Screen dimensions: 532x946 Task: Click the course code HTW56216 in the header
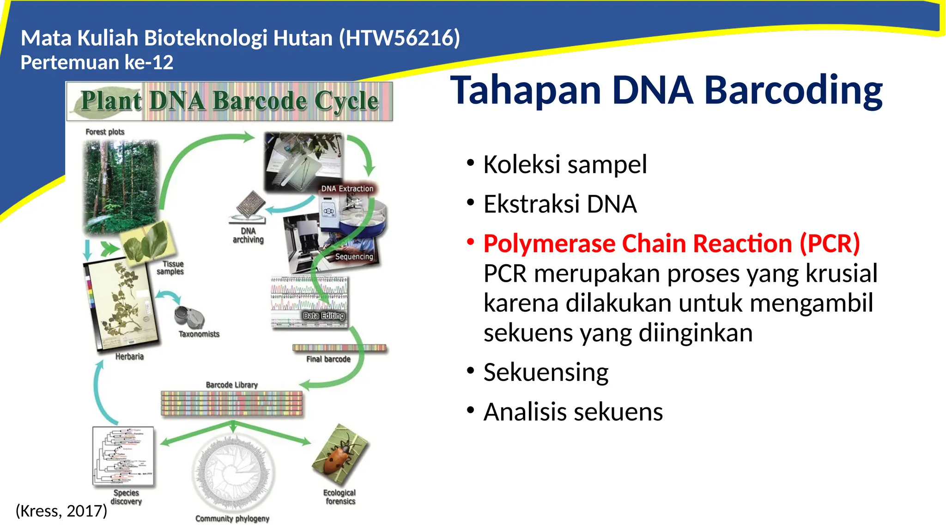tap(400, 38)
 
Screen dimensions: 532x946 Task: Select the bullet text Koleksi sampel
tap(564, 164)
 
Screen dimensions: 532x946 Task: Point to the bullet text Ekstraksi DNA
tap(560, 204)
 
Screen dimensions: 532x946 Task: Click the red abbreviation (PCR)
tap(830, 243)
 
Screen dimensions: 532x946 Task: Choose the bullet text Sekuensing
tap(546, 372)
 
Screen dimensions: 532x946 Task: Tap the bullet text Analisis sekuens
tap(573, 412)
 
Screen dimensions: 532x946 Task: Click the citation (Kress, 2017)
tap(61, 511)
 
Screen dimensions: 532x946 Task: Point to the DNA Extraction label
tap(347, 188)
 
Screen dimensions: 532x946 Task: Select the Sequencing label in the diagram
tap(354, 256)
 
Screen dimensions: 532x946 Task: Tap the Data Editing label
tap(323, 315)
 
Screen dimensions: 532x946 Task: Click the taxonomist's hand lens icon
tap(188, 317)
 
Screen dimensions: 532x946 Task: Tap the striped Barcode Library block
tap(231, 403)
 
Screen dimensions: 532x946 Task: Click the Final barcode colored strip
tap(339, 348)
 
